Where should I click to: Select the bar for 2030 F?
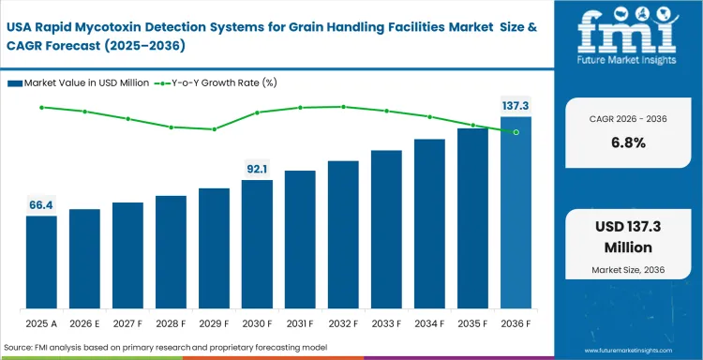click(257, 245)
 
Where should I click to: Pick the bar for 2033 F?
click(386, 230)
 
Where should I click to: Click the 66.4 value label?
click(41, 204)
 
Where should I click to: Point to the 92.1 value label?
click(257, 169)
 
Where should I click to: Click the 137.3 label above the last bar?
click(516, 106)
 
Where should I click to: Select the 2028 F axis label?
click(171, 323)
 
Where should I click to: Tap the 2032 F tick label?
click(343, 323)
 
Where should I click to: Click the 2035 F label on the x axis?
click(472, 323)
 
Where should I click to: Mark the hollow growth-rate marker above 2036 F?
click(516, 132)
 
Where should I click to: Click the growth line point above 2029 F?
click(214, 129)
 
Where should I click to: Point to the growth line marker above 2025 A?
click(41, 107)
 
